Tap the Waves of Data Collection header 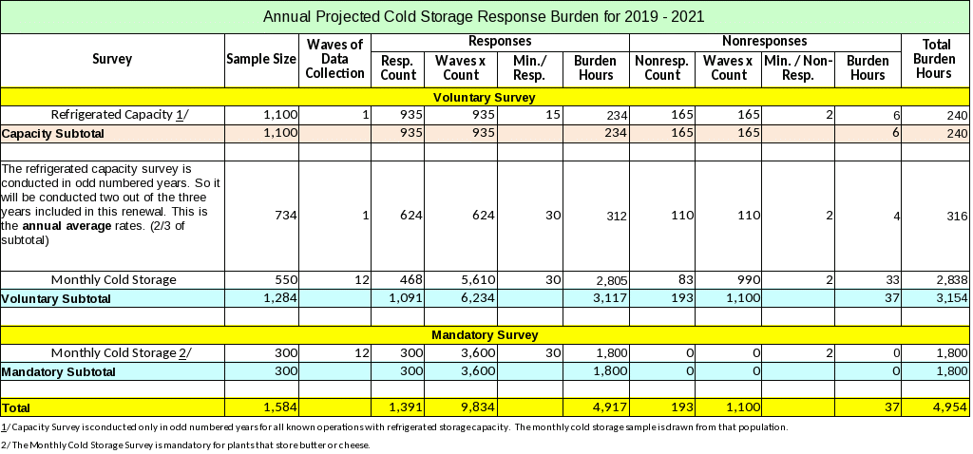pyautogui.click(x=335, y=59)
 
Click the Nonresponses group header pyautogui.click(x=765, y=42)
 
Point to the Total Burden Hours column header pyautogui.click(x=933, y=59)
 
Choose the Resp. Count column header pyautogui.click(x=398, y=67)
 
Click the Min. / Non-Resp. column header pyautogui.click(x=797, y=67)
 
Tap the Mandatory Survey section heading pyautogui.click(x=485, y=335)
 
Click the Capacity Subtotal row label pyautogui.click(x=48, y=134)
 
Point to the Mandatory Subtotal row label pyautogui.click(x=58, y=371)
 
